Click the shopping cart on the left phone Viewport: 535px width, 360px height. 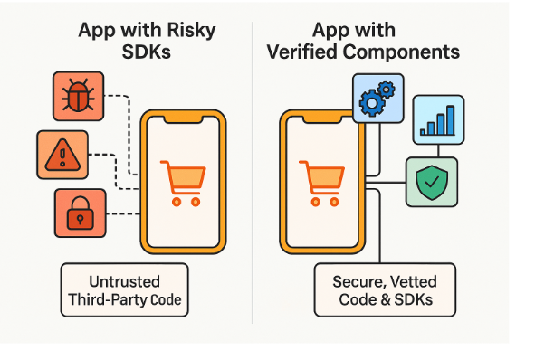point(181,182)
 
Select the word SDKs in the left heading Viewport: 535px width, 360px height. point(147,52)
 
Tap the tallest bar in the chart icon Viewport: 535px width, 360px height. point(451,120)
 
